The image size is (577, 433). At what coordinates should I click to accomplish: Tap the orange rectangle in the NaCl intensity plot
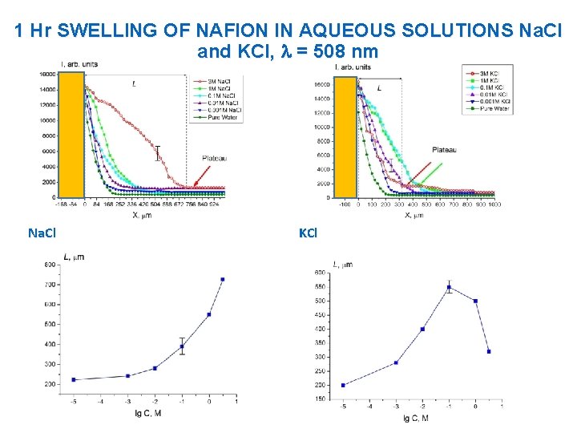pyautogui.click(x=72, y=134)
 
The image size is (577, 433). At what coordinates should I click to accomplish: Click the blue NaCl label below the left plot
pyautogui.click(x=42, y=233)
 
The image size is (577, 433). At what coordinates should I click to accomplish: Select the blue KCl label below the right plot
pyautogui.click(x=308, y=233)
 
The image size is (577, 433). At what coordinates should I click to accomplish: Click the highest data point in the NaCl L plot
pyautogui.click(x=223, y=279)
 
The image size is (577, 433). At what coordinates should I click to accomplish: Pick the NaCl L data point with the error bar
pyautogui.click(x=182, y=346)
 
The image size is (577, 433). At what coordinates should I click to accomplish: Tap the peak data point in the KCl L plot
pyautogui.click(x=449, y=287)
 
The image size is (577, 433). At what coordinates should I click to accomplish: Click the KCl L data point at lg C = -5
pyautogui.click(x=343, y=385)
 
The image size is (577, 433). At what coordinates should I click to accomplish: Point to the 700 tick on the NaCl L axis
pyautogui.click(x=50, y=285)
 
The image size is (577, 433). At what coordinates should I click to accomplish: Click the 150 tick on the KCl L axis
pyautogui.click(x=320, y=399)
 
